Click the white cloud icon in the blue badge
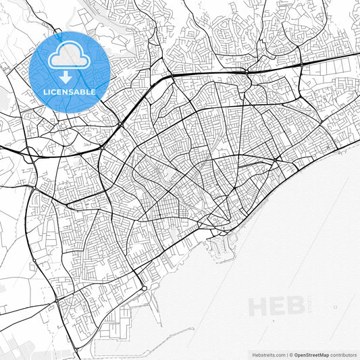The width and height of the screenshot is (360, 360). (x=70, y=57)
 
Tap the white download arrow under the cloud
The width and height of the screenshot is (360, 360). (x=70, y=77)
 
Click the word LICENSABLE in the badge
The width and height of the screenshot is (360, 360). (x=70, y=91)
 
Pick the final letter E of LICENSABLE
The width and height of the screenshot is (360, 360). (x=93, y=91)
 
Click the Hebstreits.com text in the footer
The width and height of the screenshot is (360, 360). (x=267, y=354)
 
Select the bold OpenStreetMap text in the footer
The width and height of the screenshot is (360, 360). (x=311, y=354)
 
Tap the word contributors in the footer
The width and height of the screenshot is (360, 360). (x=343, y=354)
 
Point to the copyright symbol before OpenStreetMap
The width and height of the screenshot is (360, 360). (x=291, y=354)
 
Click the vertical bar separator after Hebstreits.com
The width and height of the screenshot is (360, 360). (x=286, y=354)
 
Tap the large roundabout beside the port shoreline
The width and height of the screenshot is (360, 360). (x=144, y=288)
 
